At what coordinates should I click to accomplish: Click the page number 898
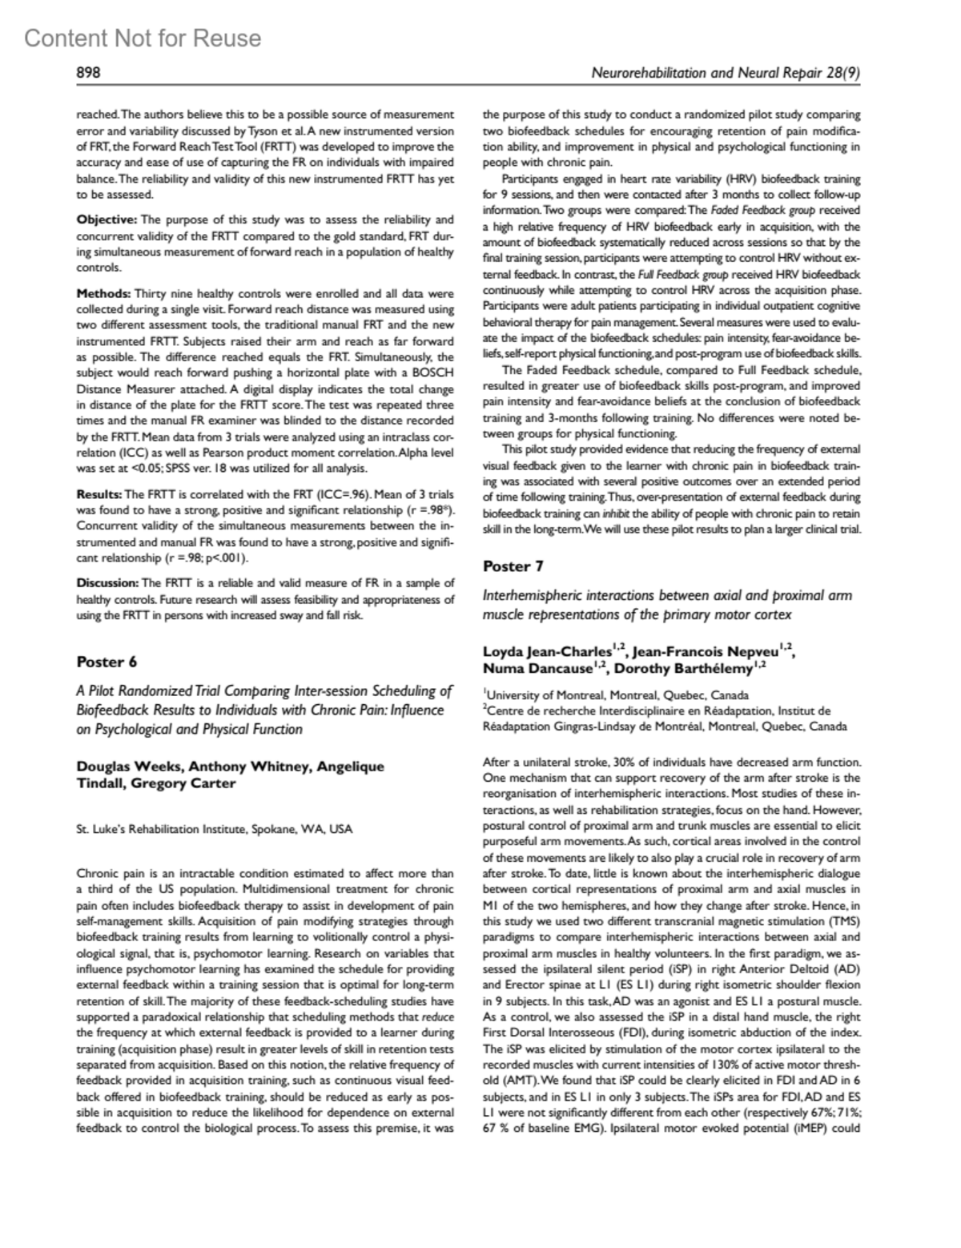tap(88, 73)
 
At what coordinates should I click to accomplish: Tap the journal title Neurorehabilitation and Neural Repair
tap(705, 73)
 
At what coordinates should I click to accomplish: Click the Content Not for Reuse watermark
tap(143, 38)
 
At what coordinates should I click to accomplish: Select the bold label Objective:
tap(107, 219)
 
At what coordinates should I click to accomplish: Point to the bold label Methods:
tap(104, 295)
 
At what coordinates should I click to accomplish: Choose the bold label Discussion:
tap(107, 582)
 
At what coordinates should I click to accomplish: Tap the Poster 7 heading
tap(513, 566)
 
